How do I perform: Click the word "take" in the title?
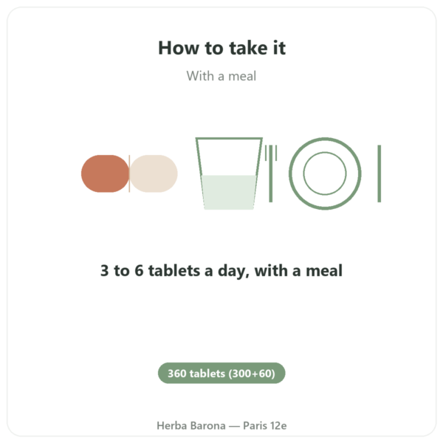[x=248, y=48]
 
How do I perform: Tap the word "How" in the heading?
[x=179, y=48]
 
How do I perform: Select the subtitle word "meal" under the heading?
[x=242, y=76]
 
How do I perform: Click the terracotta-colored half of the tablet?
[x=105, y=174]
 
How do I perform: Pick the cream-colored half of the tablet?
[x=154, y=174]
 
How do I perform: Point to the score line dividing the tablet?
[x=129, y=174]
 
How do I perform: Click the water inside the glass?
[x=229, y=192]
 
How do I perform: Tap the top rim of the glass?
[x=229, y=139]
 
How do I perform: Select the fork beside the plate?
[x=271, y=174]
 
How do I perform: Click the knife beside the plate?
[x=380, y=174]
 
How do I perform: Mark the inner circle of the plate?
[x=325, y=152]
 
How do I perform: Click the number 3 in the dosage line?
[x=105, y=270]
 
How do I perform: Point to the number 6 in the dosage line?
[x=139, y=270]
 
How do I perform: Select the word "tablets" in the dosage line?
[x=174, y=270]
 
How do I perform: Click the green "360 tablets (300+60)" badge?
[x=221, y=373]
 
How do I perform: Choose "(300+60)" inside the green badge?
[x=252, y=374]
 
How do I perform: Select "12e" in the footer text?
[x=278, y=425]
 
